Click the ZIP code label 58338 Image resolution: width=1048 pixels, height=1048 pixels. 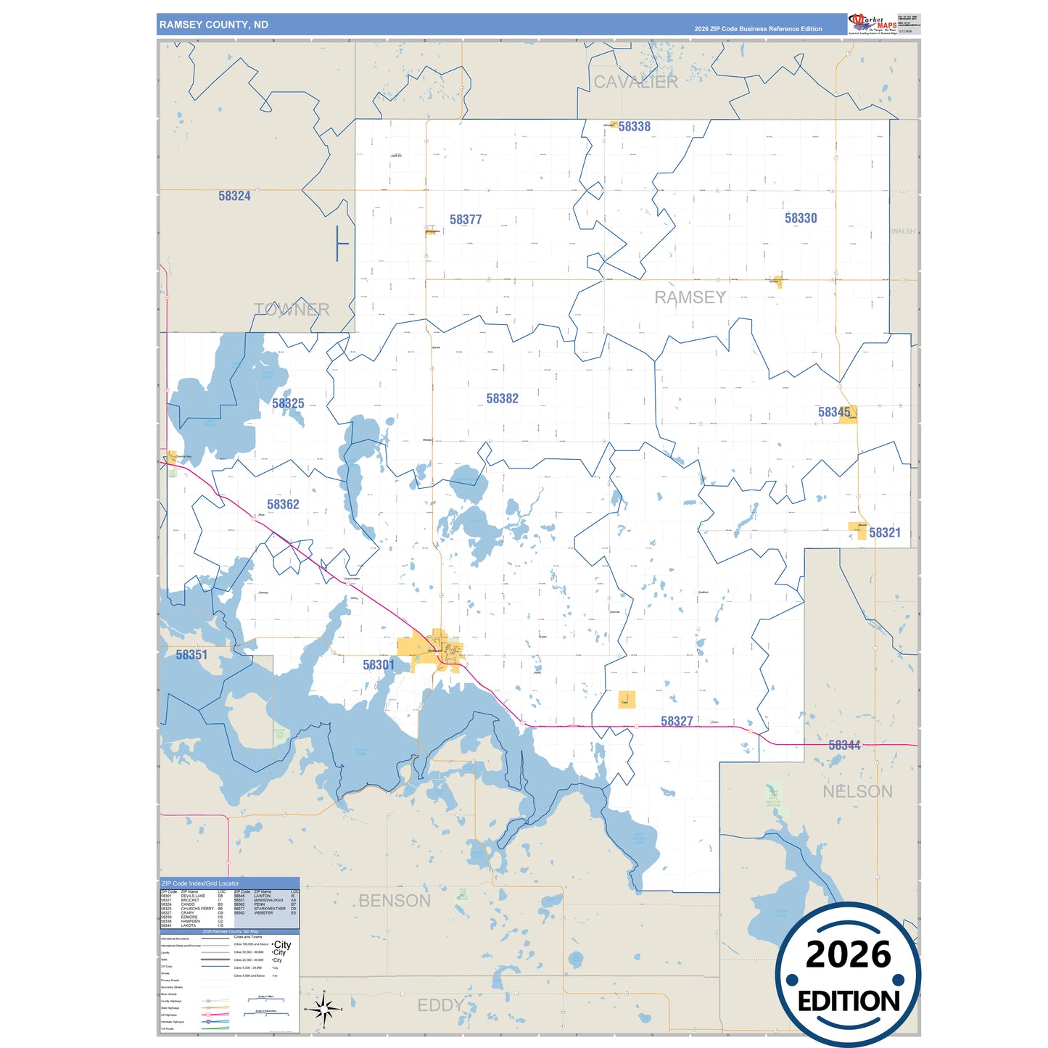tap(634, 126)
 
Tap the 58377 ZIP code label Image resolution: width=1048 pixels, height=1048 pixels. tap(466, 219)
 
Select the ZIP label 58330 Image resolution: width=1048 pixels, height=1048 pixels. tap(801, 218)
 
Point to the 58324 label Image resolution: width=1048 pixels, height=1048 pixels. tap(234, 196)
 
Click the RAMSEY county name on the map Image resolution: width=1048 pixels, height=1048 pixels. tap(690, 297)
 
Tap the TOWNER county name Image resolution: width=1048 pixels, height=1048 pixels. tap(292, 310)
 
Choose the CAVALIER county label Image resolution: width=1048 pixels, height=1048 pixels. tap(635, 82)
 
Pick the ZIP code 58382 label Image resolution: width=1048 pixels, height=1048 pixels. tap(502, 398)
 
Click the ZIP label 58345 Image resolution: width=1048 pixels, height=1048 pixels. tap(833, 412)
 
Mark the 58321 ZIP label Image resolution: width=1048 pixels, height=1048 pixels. tap(884, 532)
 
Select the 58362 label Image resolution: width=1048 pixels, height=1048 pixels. tap(283, 504)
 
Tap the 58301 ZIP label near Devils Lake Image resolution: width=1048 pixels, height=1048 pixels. tap(379, 664)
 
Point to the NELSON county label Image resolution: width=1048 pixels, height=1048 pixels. tap(857, 791)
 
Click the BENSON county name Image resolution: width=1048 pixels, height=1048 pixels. tap(395, 901)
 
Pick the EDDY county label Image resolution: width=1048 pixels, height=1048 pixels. tap(440, 1005)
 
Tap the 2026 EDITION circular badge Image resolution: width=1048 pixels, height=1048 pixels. tap(848, 975)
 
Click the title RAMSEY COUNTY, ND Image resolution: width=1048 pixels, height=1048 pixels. tap(214, 25)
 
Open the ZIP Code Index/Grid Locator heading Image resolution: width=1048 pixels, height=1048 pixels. tap(200, 883)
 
